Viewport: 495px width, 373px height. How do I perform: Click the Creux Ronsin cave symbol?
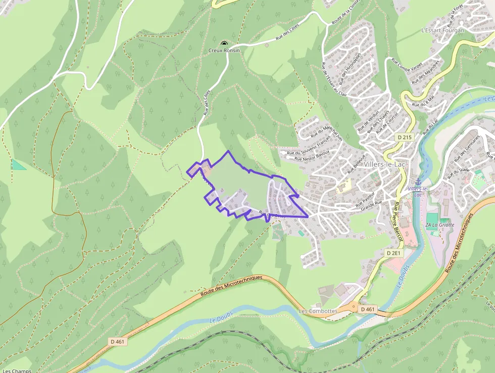[224, 44]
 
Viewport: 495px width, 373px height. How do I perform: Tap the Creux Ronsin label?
[224, 51]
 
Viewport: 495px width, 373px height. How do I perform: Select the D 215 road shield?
[405, 137]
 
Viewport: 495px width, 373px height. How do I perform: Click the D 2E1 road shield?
[394, 253]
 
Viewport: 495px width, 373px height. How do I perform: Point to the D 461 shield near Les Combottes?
[368, 309]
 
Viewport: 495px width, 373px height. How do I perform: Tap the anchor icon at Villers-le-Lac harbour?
[418, 182]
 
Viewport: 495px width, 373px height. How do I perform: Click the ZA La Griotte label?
[440, 225]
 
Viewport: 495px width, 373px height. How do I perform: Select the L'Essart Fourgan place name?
[442, 30]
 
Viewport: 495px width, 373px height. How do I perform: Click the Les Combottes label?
[318, 311]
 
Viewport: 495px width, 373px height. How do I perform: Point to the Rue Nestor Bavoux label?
[313, 155]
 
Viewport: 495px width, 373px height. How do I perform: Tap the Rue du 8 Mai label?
[423, 101]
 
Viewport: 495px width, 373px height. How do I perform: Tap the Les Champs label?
[17, 370]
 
